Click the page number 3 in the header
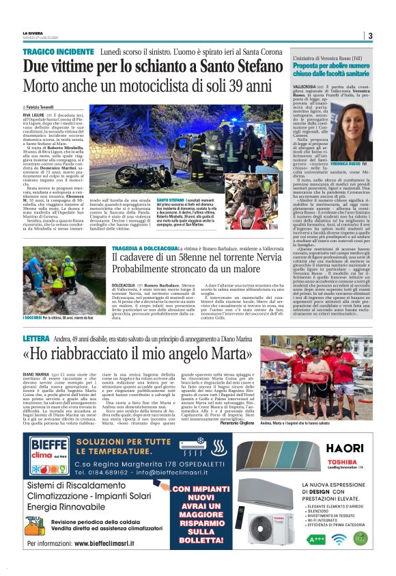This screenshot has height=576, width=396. click(x=369, y=36)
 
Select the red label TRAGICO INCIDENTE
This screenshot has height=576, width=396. click(x=51, y=52)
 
